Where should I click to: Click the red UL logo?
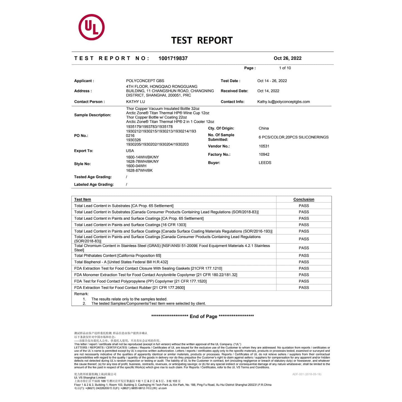(x=92, y=27)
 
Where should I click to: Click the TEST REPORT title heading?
(x=202, y=40)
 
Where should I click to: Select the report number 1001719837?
(x=173, y=58)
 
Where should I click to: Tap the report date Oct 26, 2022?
(x=287, y=58)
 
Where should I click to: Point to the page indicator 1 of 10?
(x=285, y=68)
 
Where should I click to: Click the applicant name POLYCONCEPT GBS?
(x=145, y=81)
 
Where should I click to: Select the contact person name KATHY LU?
(x=135, y=102)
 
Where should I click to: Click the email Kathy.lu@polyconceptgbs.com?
(x=283, y=102)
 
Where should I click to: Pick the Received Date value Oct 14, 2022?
(x=268, y=91)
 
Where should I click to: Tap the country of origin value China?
(x=263, y=128)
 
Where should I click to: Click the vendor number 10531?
(x=264, y=146)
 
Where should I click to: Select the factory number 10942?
(x=264, y=154)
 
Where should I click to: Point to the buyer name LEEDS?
(x=265, y=163)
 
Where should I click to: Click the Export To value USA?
(x=130, y=151)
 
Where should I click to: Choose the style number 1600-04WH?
(x=136, y=166)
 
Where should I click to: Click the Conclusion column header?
(x=304, y=199)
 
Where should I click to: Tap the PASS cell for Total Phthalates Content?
(x=304, y=255)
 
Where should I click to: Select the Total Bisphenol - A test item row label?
(x=121, y=262)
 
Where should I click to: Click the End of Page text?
(x=203, y=316)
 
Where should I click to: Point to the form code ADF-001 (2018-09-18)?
(x=307, y=374)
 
